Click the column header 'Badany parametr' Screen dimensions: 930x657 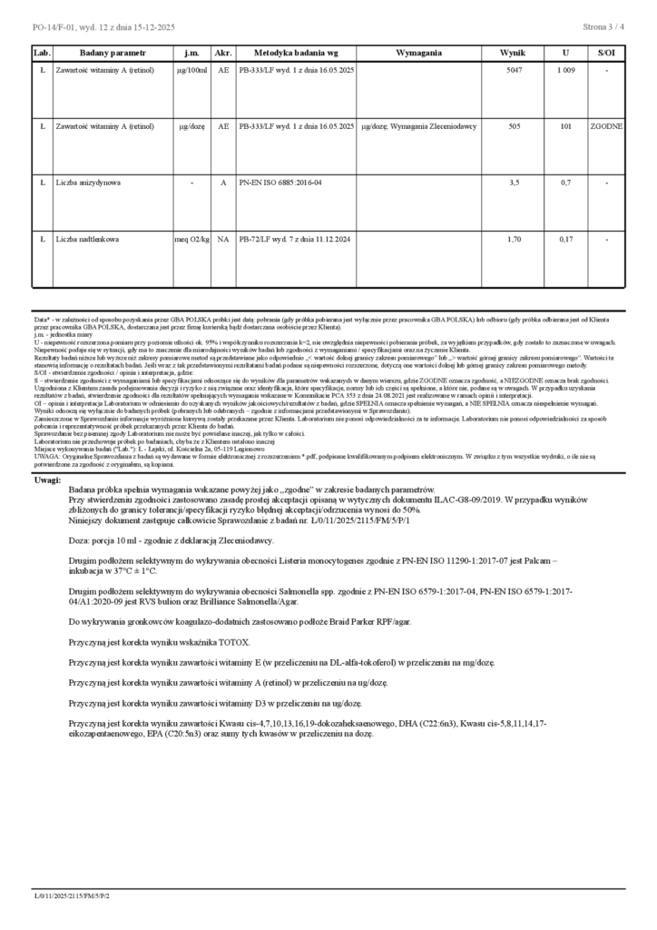tap(105, 54)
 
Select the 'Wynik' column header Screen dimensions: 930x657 tap(513, 54)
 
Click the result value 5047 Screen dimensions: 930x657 tap(514, 70)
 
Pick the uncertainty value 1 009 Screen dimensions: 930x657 tap(565, 70)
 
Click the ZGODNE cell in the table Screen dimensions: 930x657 tap(605, 126)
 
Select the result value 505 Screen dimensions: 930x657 tap(514, 126)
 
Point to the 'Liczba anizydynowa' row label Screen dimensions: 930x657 tap(89, 183)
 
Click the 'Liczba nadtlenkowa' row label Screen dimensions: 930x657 tap(89, 239)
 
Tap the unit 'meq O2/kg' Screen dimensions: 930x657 tap(191, 239)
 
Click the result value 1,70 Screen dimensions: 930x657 tap(514, 239)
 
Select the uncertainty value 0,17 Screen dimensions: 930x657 tap(565, 239)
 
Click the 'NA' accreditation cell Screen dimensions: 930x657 tap(222, 239)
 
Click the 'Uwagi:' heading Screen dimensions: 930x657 tap(47, 480)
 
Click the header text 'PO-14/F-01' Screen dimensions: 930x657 tap(53, 28)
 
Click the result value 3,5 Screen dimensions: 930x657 tap(514, 183)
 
